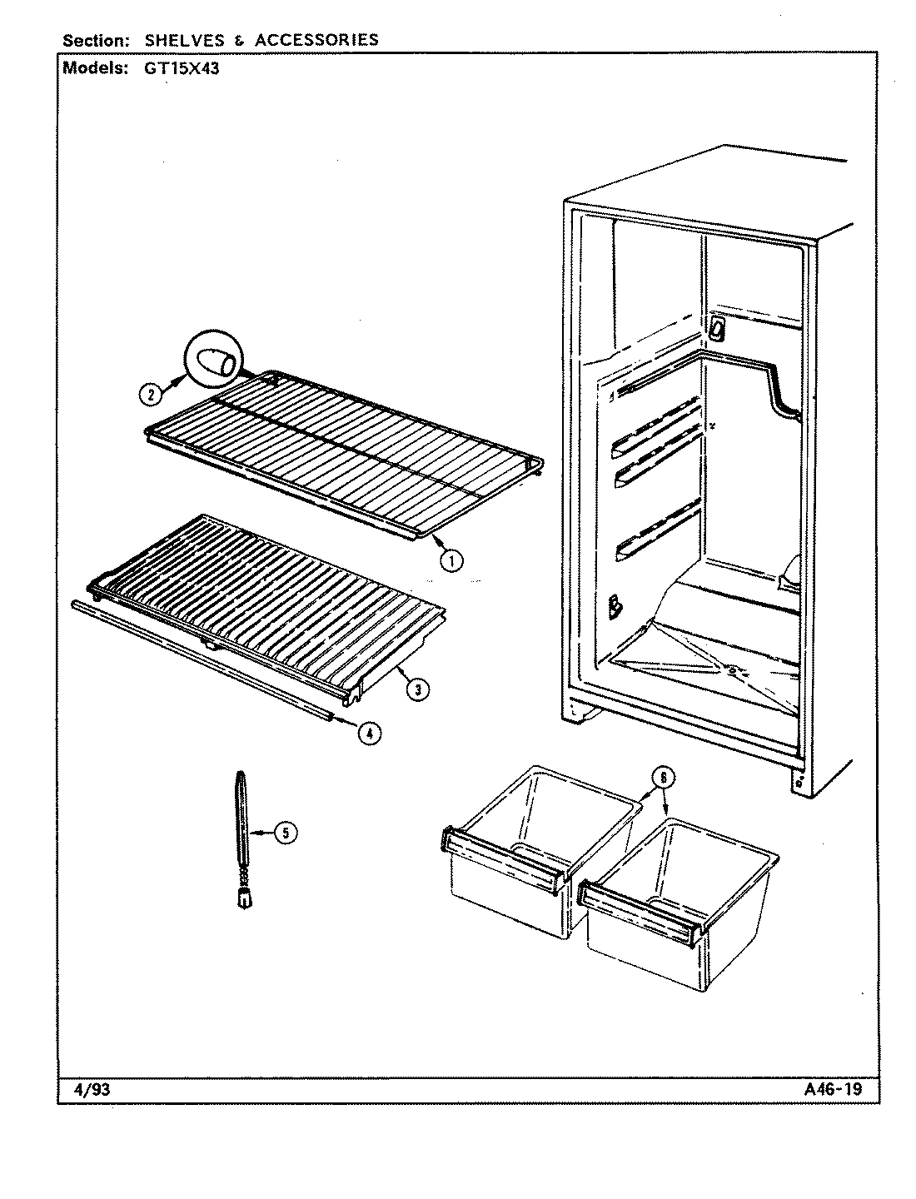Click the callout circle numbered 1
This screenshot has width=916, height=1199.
click(451, 560)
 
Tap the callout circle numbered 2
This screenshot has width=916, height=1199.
click(149, 395)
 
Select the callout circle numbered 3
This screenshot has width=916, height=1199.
click(418, 688)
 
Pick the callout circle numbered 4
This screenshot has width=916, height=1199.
click(370, 733)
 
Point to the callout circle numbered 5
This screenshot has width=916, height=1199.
click(286, 832)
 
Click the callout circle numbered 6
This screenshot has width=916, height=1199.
click(662, 777)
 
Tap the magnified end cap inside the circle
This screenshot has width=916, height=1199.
click(213, 364)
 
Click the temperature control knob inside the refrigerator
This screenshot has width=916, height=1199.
click(716, 330)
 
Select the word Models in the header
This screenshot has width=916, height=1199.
click(94, 69)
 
